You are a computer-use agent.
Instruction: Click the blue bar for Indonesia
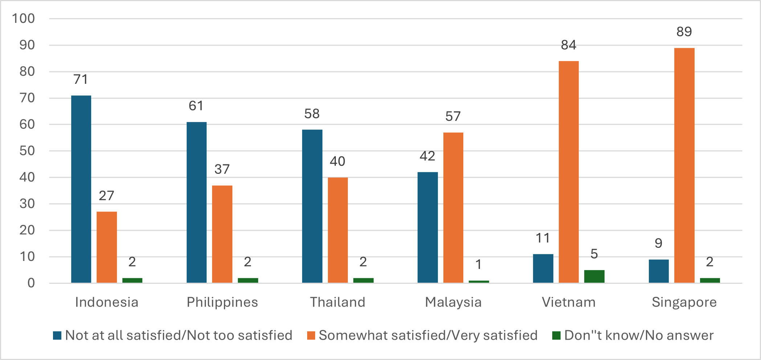click(x=81, y=189)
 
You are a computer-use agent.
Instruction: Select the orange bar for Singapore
click(x=684, y=165)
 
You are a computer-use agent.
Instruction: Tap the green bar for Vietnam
click(x=594, y=277)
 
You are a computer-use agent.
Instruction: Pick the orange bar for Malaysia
click(x=453, y=208)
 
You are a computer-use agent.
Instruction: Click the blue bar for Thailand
click(x=312, y=206)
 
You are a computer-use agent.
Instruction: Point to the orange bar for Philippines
click(x=222, y=234)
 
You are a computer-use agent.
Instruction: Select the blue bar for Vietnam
click(x=543, y=269)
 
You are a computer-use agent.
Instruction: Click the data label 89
click(x=684, y=32)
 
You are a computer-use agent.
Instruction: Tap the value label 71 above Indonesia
click(x=81, y=79)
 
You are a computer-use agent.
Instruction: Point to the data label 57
click(x=453, y=116)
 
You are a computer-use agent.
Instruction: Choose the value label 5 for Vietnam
click(x=594, y=254)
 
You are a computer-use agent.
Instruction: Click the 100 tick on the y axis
click(x=23, y=19)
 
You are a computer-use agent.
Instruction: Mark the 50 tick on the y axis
click(x=27, y=151)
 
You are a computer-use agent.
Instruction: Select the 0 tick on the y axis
click(x=31, y=283)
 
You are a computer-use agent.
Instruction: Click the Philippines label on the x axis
click(x=222, y=302)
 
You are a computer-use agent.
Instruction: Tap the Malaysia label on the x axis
click(x=453, y=302)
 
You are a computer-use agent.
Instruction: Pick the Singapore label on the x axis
click(x=684, y=302)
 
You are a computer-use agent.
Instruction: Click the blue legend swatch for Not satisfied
click(x=57, y=335)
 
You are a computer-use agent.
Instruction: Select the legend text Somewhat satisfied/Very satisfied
click(x=428, y=335)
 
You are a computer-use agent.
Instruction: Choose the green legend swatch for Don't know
click(x=556, y=335)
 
